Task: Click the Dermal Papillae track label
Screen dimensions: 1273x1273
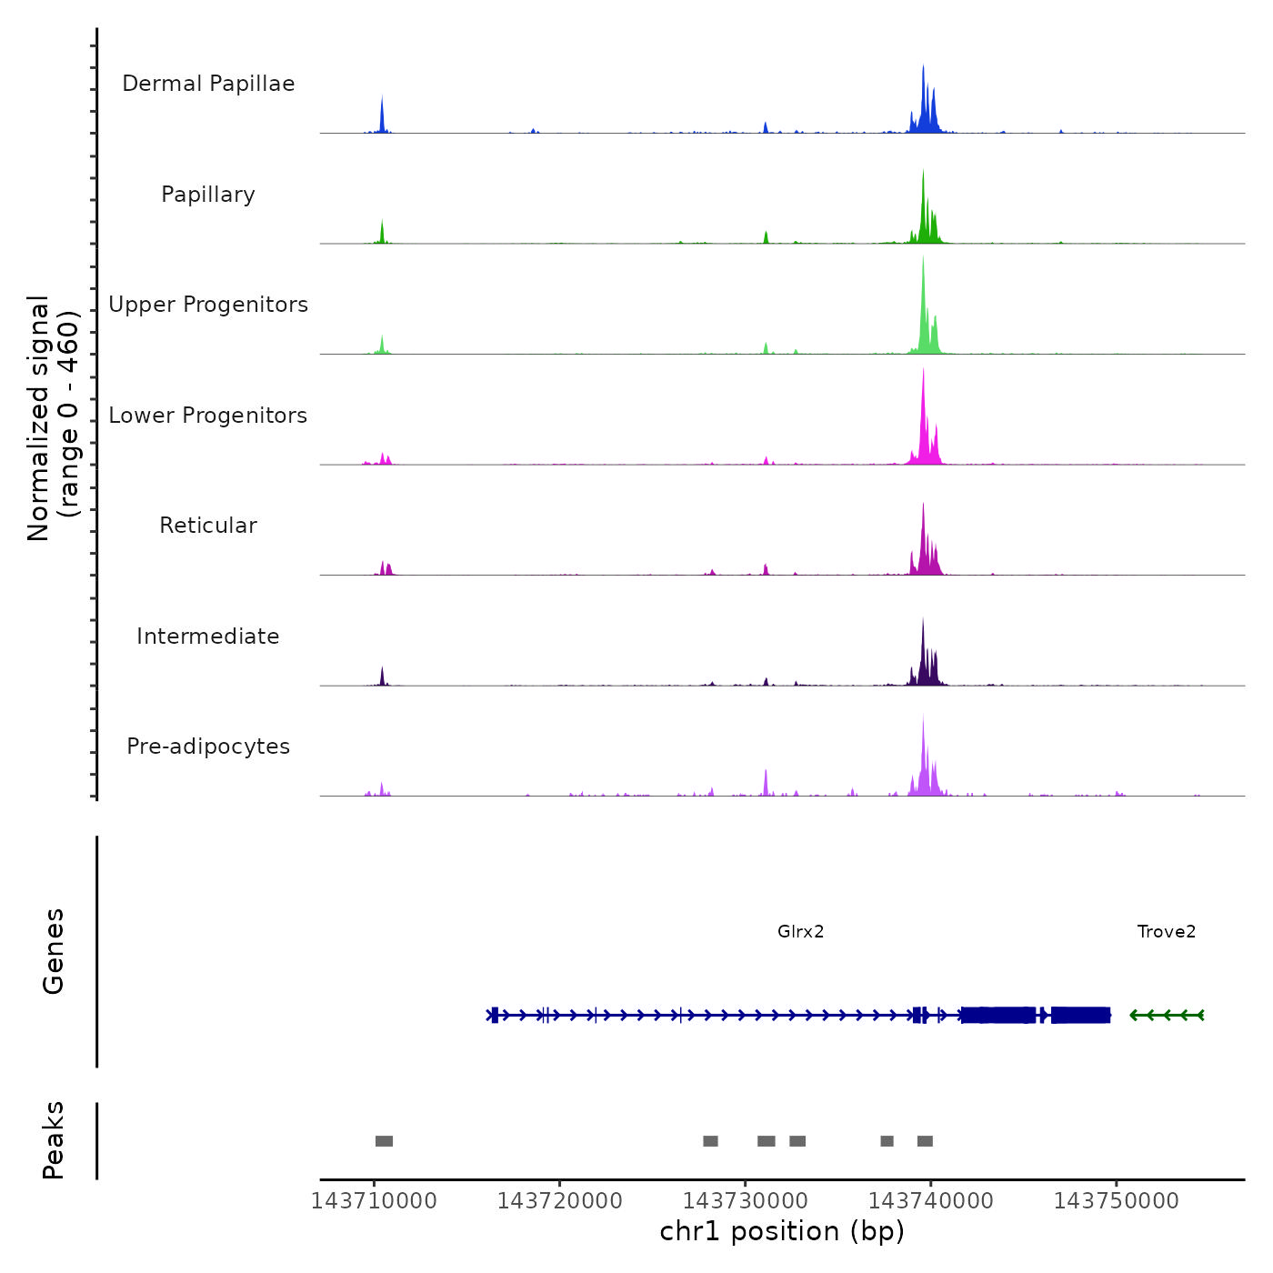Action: point(208,84)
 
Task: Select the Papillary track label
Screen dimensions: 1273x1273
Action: point(208,195)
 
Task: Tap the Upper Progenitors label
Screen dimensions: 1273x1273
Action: point(208,305)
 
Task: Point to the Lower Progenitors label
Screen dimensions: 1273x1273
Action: point(208,416)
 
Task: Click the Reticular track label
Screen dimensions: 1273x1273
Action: point(208,526)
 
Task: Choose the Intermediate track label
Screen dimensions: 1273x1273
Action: point(208,636)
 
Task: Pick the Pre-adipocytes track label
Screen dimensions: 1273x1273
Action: point(208,747)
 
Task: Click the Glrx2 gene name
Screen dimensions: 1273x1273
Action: point(800,931)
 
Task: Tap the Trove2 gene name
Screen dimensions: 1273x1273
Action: point(1167,931)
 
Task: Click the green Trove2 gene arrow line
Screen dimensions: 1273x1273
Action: point(1168,1015)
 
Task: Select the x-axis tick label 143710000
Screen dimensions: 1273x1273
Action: point(374,1201)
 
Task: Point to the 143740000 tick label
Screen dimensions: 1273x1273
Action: point(930,1201)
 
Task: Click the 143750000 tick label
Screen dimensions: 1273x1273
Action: point(1116,1201)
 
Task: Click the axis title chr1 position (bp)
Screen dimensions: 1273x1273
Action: point(782,1231)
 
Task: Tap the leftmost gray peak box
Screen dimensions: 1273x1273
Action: point(384,1141)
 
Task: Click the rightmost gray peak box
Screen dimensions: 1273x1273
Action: point(925,1141)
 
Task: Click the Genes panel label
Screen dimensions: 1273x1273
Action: point(54,951)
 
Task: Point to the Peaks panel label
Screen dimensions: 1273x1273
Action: point(54,1140)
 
